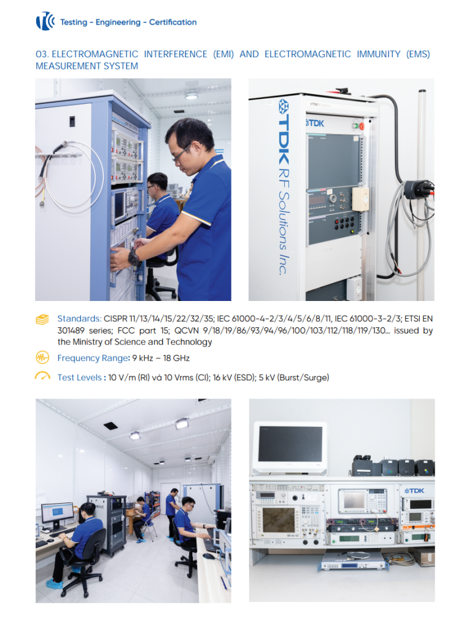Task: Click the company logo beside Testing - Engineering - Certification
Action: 45,21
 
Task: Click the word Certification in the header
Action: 172,22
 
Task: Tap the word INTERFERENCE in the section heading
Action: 176,54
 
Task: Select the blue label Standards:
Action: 79,319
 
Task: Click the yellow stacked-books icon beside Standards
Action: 42,319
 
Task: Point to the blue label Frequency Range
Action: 93,358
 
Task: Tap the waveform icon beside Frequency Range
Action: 42,357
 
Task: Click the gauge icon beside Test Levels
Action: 42,376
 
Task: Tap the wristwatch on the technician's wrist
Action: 134,257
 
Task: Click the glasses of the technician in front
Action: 182,154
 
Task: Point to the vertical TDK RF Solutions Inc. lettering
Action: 284,187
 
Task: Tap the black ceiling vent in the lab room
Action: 110,426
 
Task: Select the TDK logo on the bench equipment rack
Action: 414,491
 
